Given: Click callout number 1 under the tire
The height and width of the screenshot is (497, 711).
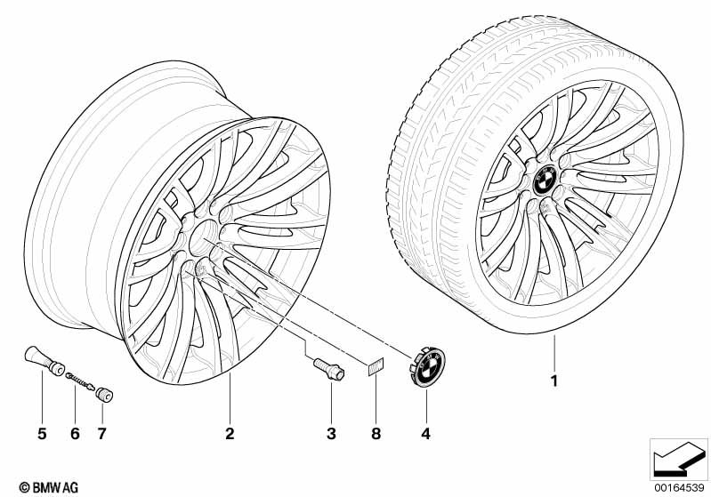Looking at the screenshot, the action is point(553,381).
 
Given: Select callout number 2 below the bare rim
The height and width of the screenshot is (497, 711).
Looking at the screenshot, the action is point(230,434).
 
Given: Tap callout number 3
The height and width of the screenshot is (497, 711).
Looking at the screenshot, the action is point(331,434).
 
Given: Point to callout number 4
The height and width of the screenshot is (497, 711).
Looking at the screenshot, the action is point(425,434).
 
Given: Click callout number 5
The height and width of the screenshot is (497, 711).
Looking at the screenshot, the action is point(42,434).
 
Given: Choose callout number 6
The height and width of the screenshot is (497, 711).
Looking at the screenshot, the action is point(75,434).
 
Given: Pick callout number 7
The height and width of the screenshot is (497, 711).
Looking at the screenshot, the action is point(102,434).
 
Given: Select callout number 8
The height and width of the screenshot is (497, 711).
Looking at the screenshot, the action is point(376,434).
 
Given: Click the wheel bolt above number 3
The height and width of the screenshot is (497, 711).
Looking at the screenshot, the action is point(329,369).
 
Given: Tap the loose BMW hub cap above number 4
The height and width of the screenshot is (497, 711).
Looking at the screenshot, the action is point(428,367).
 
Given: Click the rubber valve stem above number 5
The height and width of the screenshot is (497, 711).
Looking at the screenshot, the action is point(44,361).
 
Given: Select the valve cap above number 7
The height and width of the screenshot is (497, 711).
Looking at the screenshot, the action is point(104,394).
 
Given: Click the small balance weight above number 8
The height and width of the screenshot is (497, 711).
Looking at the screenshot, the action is point(375,366).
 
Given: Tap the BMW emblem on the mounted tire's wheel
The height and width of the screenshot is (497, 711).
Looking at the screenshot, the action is point(544,180).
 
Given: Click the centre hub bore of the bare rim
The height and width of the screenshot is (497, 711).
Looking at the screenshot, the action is point(204,238).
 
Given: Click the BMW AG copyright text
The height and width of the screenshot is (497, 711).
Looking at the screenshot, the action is point(49,487).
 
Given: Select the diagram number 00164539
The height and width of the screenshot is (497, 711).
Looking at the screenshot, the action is point(679,488).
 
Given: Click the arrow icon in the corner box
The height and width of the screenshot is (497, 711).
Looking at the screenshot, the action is point(678,461).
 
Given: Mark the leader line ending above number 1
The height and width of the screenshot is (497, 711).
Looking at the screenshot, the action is point(554,353).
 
